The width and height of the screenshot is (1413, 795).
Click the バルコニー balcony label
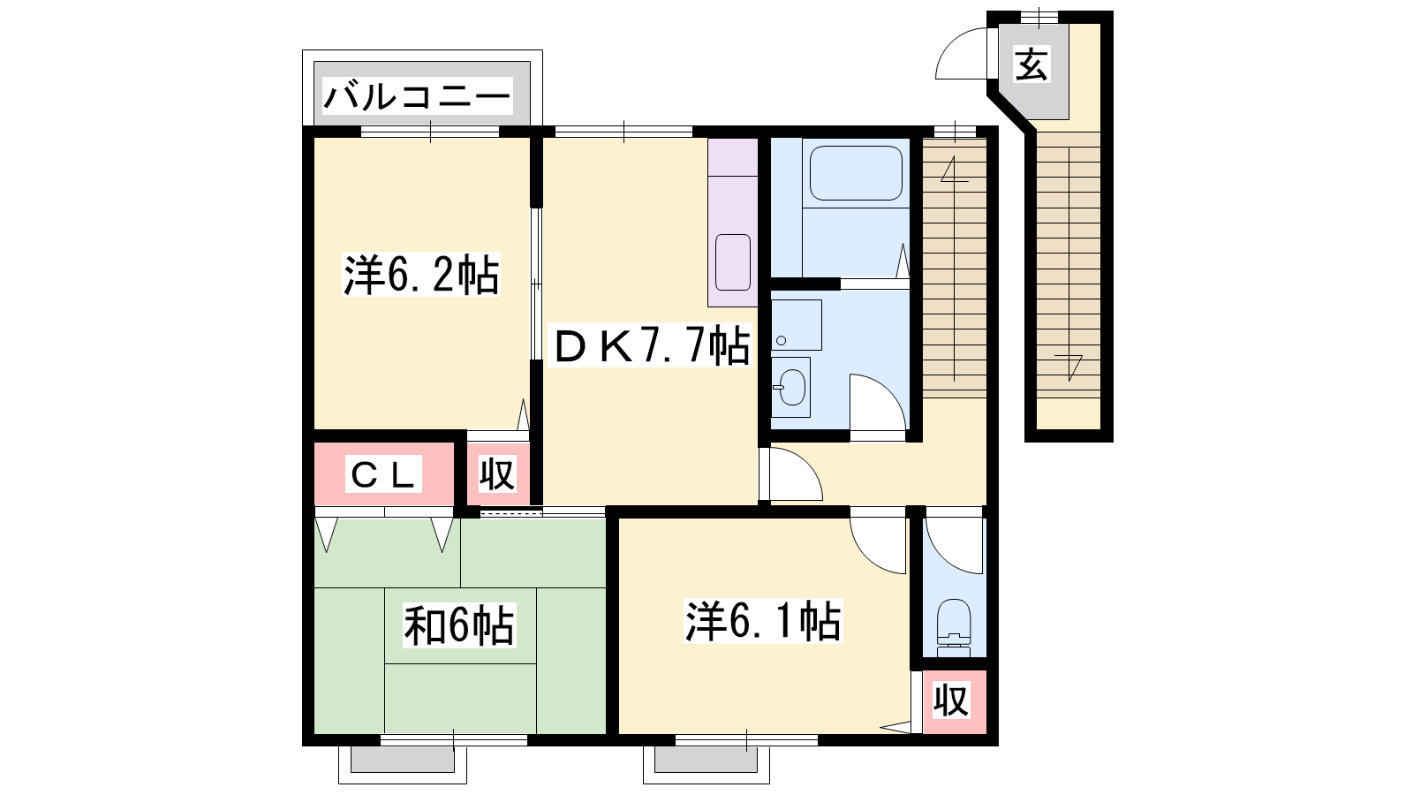(x=417, y=96)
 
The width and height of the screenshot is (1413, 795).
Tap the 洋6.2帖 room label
(x=421, y=275)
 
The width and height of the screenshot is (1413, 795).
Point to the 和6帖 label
(x=459, y=625)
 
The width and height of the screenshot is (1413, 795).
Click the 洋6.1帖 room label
(x=763, y=621)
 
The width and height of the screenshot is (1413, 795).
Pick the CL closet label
(x=383, y=475)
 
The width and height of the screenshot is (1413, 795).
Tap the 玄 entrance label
(x=1032, y=64)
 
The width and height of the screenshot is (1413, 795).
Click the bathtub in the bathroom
(x=856, y=173)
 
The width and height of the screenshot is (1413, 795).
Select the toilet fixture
(x=953, y=628)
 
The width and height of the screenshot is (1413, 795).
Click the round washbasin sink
(x=791, y=386)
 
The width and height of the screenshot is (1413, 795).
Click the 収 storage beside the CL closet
(x=497, y=473)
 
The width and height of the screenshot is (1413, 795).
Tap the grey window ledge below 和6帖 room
(x=403, y=760)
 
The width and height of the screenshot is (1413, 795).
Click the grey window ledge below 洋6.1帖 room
(x=706, y=760)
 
